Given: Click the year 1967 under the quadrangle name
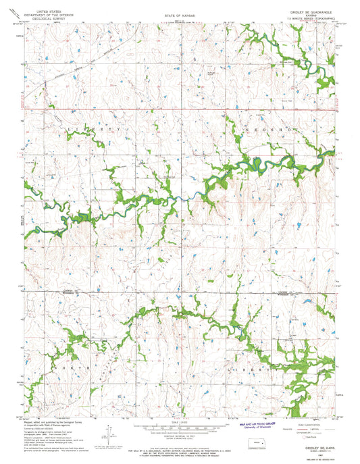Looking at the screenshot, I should point(317,443).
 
